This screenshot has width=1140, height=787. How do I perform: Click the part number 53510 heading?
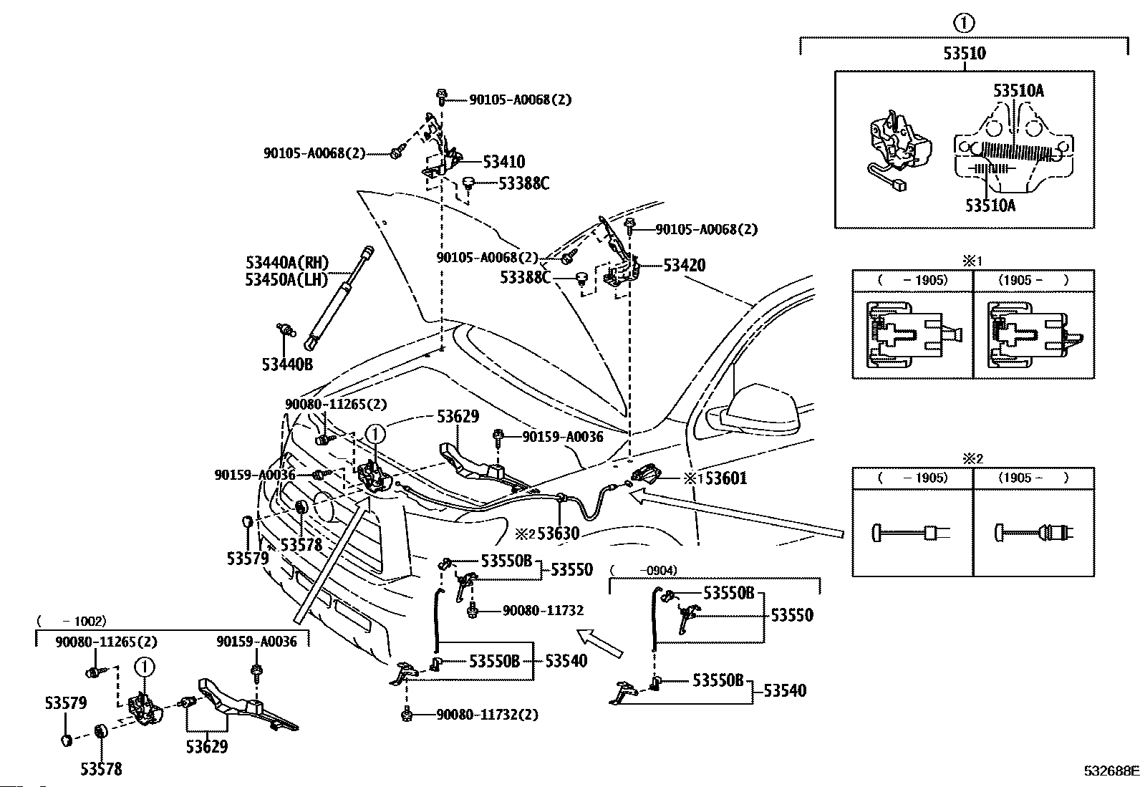pyautogui.click(x=965, y=53)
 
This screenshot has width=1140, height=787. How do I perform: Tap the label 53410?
pyautogui.click(x=504, y=162)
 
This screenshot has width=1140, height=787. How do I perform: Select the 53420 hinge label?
pyautogui.click(x=685, y=265)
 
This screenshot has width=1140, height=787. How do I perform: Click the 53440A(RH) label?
pyautogui.click(x=287, y=263)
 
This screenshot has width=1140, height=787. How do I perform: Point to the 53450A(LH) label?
pyautogui.click(x=286, y=279)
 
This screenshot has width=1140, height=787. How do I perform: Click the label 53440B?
pyautogui.click(x=287, y=364)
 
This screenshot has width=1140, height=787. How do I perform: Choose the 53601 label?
pyautogui.click(x=725, y=478)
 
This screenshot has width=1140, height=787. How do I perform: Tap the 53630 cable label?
pyautogui.click(x=559, y=533)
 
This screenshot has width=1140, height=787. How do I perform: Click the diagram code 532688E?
pyautogui.click(x=1111, y=771)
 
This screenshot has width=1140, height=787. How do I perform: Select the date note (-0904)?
pyautogui.click(x=644, y=571)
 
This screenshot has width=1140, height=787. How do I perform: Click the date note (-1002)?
pyautogui.click(x=72, y=621)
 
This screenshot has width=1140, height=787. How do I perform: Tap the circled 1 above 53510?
pyautogui.click(x=963, y=23)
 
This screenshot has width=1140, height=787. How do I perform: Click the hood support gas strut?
pyautogui.click(x=339, y=298)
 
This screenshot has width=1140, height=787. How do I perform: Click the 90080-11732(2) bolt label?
pyautogui.click(x=487, y=715)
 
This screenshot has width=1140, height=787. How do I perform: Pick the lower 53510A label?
pyautogui.click(x=990, y=206)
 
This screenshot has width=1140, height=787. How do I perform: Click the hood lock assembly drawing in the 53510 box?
pyautogui.click(x=900, y=150)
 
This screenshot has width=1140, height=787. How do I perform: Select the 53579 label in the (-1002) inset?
pyautogui.click(x=66, y=703)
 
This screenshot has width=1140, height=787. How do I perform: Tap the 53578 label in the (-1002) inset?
pyautogui.click(x=101, y=769)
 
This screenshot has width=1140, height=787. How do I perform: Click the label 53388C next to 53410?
pyautogui.click(x=523, y=183)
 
